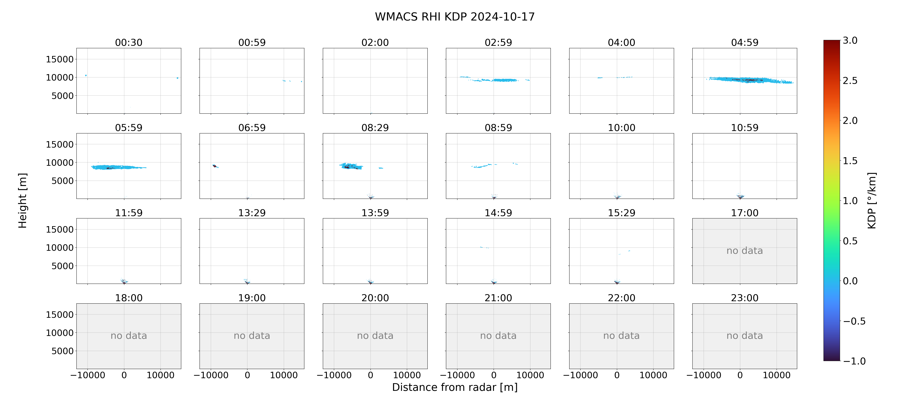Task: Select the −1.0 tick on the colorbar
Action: click(x=854, y=361)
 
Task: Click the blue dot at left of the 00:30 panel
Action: click(x=86, y=75)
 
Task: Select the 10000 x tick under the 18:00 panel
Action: click(x=160, y=375)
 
